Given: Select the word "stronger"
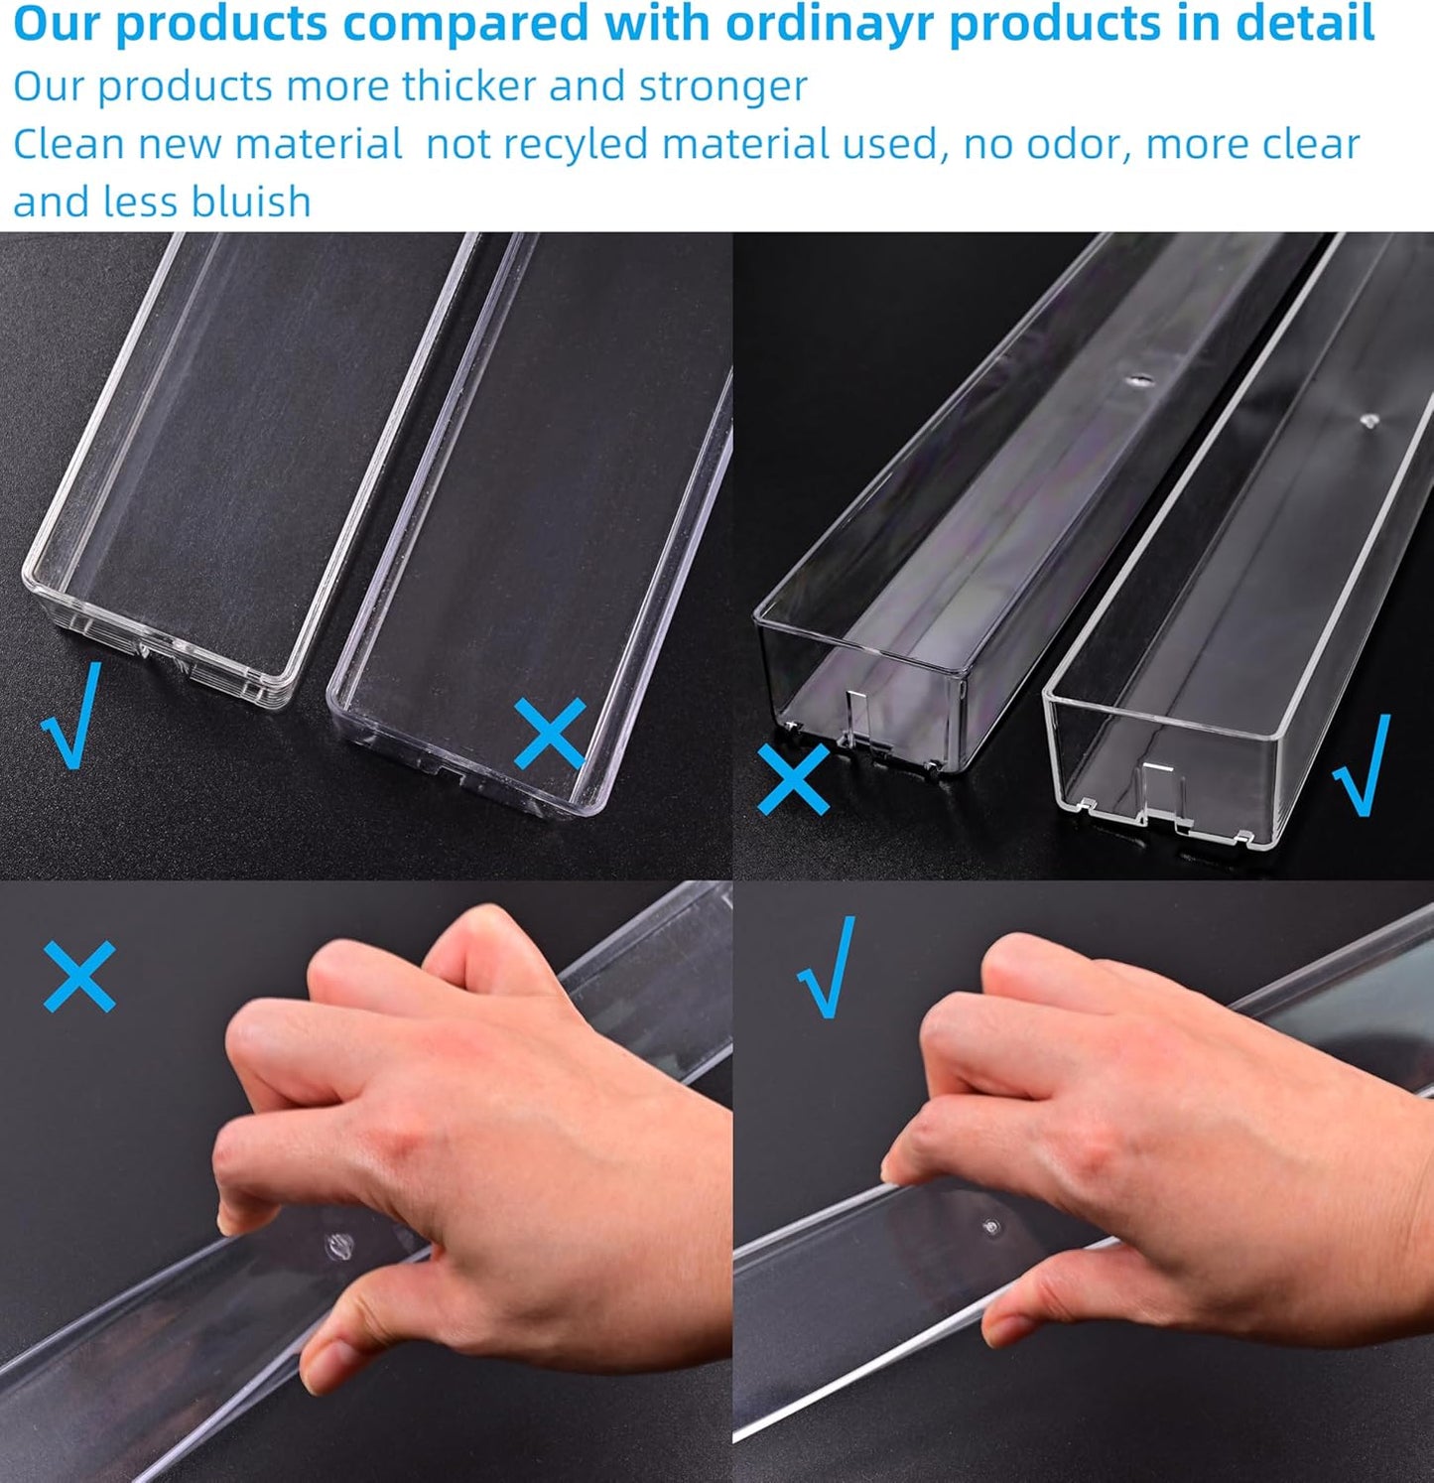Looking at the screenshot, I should (x=722, y=86).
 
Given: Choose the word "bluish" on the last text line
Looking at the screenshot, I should (x=250, y=202).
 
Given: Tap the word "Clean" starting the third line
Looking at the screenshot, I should (x=67, y=145).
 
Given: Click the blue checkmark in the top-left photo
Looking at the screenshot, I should (x=72, y=715).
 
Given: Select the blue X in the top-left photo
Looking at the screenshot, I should (x=549, y=733).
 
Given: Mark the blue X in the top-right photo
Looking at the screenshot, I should (x=793, y=778).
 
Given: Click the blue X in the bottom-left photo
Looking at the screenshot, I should (x=79, y=976).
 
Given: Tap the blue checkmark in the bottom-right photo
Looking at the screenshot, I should (x=827, y=967).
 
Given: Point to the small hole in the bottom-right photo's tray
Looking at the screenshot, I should (x=989, y=1228).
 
